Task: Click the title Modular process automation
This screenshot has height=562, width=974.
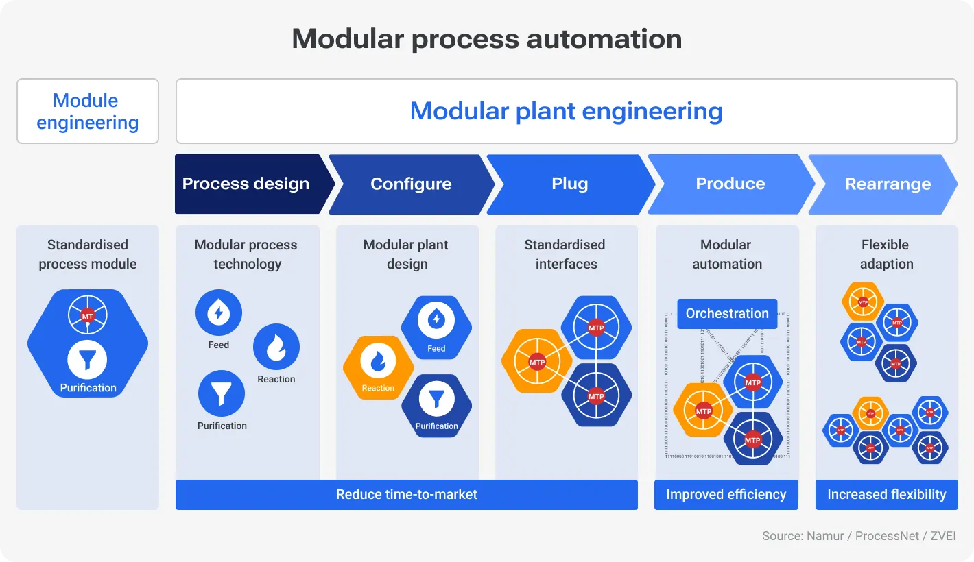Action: click(486, 39)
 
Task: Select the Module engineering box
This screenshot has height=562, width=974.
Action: click(88, 111)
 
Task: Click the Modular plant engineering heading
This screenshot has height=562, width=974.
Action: click(566, 111)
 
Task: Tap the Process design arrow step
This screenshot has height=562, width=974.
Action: click(247, 184)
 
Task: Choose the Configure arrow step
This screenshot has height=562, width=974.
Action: click(411, 184)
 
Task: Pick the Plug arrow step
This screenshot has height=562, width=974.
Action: click(569, 184)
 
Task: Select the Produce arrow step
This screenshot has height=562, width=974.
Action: click(730, 184)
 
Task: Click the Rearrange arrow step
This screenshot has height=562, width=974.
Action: click(888, 184)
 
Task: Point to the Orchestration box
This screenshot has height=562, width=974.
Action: click(727, 313)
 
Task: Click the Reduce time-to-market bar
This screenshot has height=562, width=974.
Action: click(406, 494)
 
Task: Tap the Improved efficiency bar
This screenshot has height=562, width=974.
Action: click(726, 494)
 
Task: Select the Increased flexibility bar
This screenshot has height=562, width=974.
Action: click(886, 494)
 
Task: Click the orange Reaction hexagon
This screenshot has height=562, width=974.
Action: click(378, 367)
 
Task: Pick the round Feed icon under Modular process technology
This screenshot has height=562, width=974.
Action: click(219, 313)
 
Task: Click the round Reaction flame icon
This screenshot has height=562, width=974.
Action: click(276, 347)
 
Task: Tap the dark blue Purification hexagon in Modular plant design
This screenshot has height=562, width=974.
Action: click(436, 405)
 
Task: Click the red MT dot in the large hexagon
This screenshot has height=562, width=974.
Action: click(87, 316)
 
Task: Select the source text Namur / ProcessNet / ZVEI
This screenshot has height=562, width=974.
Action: click(859, 536)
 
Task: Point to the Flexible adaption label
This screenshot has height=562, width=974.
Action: click(886, 254)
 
